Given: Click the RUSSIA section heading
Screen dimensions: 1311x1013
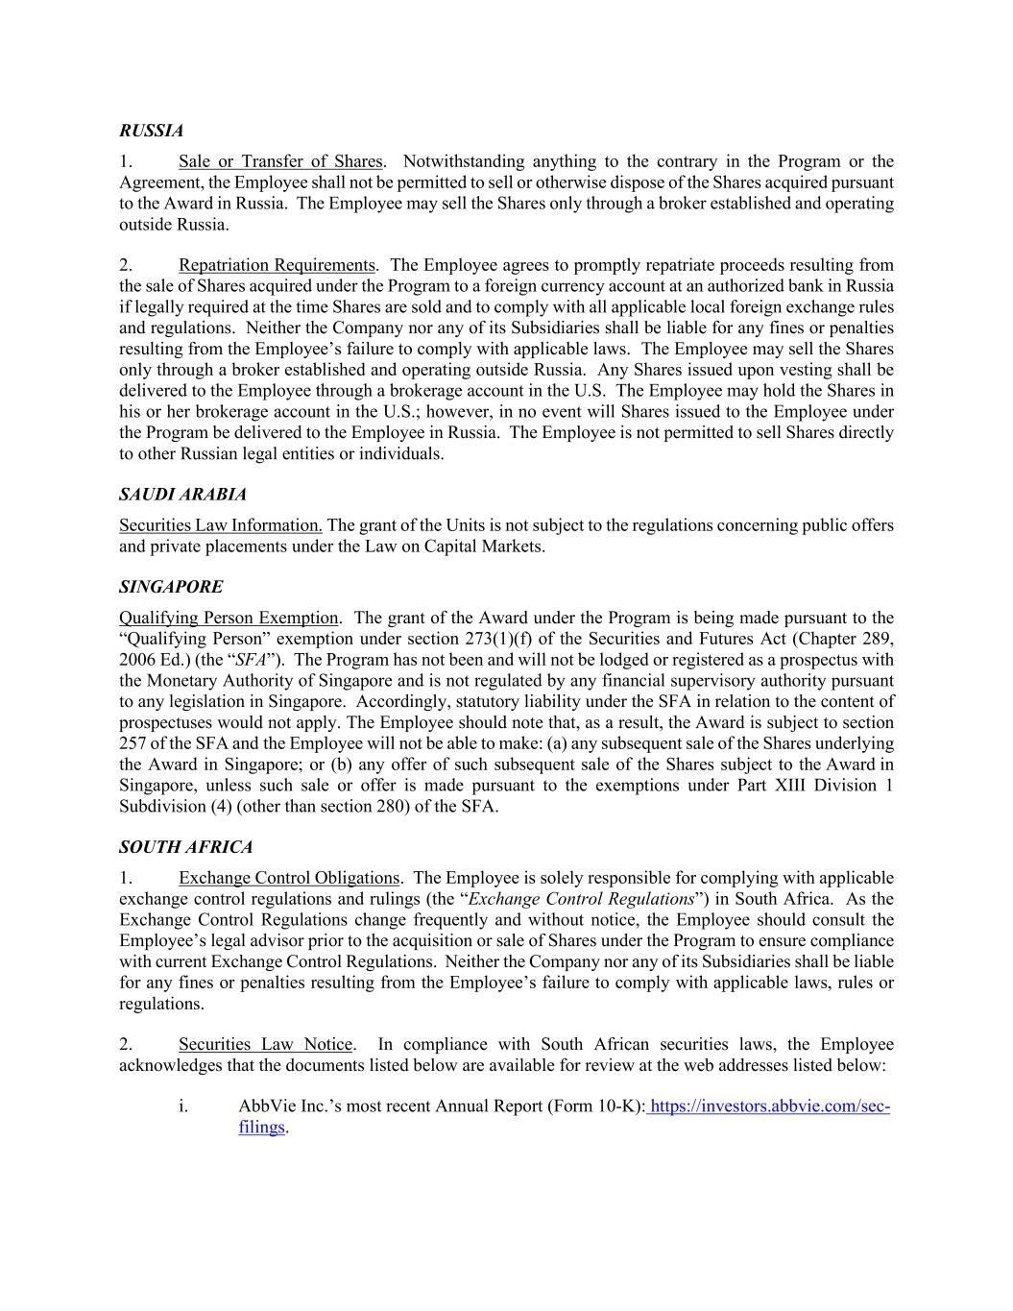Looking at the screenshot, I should tap(151, 130).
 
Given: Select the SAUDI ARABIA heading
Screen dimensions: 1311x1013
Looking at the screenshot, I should tap(182, 495).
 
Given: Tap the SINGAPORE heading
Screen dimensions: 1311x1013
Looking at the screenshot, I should tap(170, 587).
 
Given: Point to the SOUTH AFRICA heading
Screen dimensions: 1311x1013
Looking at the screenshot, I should tap(185, 847).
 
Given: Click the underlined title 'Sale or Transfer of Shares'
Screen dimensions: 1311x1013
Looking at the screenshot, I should tap(280, 161).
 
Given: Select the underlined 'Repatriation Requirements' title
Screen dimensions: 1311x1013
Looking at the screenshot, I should tap(277, 265).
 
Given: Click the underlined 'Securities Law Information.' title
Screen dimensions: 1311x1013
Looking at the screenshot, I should tap(221, 525).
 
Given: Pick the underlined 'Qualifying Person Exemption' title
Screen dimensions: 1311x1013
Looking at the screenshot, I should tap(229, 618).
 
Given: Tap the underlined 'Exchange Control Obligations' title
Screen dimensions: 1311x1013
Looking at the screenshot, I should tap(289, 878).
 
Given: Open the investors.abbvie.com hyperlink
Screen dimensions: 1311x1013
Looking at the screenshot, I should tap(769, 1106).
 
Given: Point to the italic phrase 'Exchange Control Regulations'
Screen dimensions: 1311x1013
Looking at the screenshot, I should tap(580, 899).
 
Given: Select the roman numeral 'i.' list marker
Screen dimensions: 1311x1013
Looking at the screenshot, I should tap(182, 1106).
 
